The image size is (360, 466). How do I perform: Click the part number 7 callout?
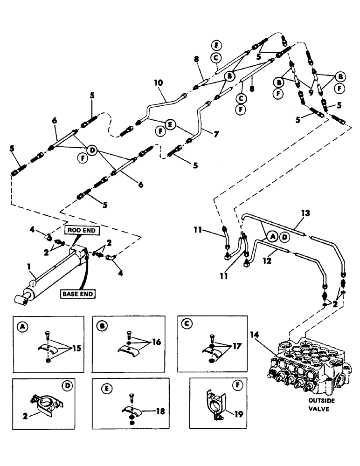[216, 134]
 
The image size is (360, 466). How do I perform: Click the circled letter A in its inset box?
[20, 327]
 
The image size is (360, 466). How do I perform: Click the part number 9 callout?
[311, 86]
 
